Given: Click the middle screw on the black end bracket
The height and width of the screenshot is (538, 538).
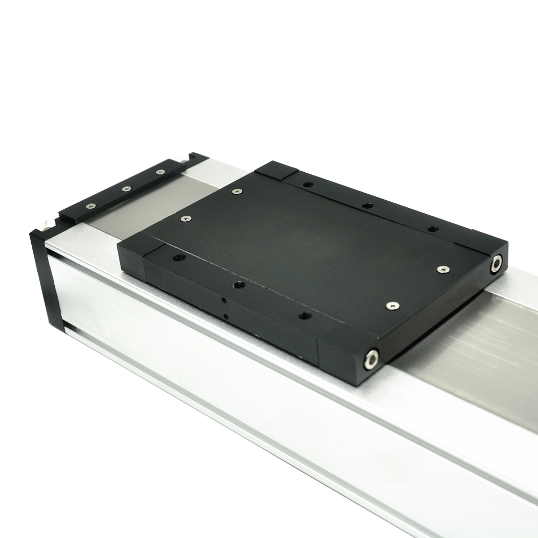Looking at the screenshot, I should tap(126, 189).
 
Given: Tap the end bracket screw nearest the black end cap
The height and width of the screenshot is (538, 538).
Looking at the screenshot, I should tap(90, 206).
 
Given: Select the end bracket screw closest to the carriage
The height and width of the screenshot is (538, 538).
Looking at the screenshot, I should tap(160, 172).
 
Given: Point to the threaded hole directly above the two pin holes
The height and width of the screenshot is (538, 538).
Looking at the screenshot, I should tap(240, 285).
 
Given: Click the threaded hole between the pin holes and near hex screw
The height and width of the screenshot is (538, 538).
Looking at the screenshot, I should tap(305, 316).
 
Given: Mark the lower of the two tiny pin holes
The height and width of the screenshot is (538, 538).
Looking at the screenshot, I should tap(226, 317).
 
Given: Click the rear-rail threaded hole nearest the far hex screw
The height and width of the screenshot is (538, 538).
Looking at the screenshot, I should tap(431, 229).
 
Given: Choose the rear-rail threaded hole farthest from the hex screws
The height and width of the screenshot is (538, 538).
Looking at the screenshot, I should tap(307, 184).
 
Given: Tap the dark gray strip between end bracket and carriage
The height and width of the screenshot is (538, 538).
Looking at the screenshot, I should tap(134, 213).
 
